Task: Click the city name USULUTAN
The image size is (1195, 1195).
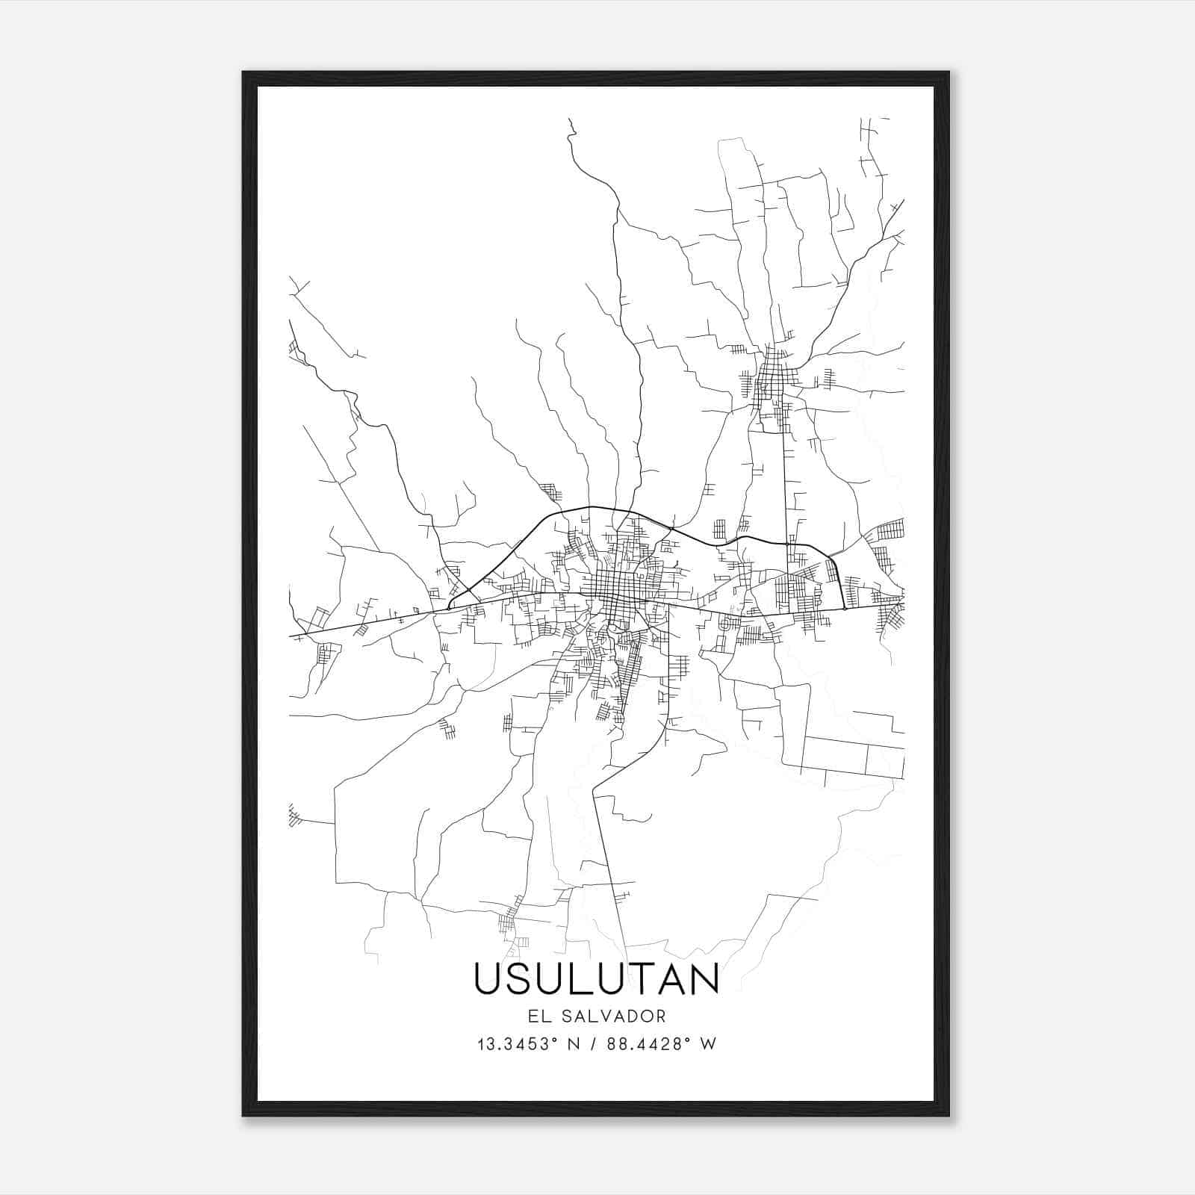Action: [596, 978]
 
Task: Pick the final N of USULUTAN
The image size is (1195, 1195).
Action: [704, 978]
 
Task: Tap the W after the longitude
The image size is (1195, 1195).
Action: [709, 1044]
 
